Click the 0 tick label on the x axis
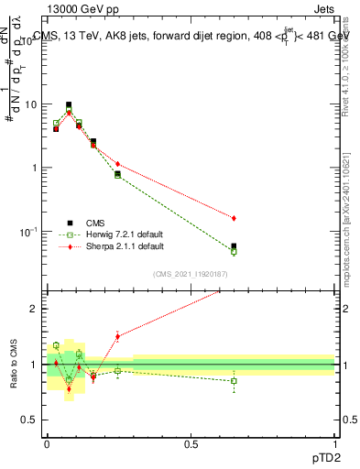tap(47, 442)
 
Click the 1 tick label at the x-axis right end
tap(334, 442)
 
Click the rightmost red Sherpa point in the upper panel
tap(234, 218)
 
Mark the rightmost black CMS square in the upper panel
tap(234, 246)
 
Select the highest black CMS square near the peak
tap(69, 105)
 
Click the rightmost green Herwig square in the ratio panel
tap(234, 381)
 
